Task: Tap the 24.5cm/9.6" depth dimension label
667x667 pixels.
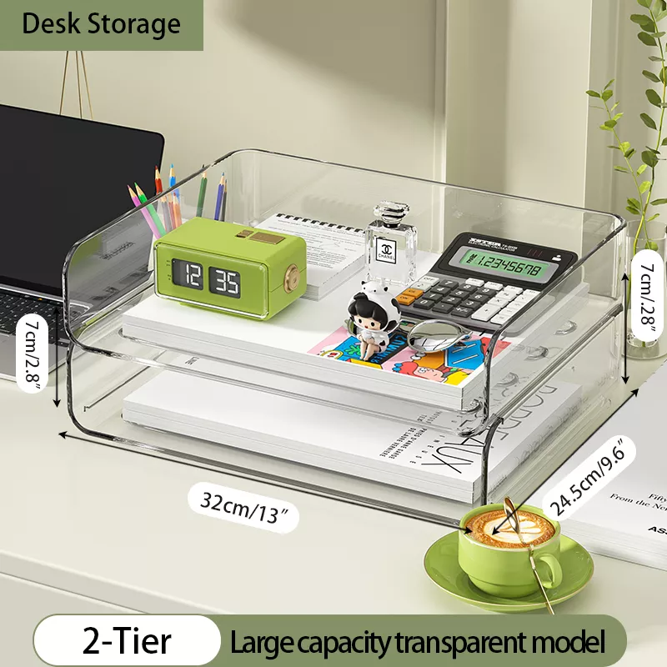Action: (591, 476)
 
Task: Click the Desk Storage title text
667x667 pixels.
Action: (101, 23)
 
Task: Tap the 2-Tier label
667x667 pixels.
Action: (127, 642)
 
